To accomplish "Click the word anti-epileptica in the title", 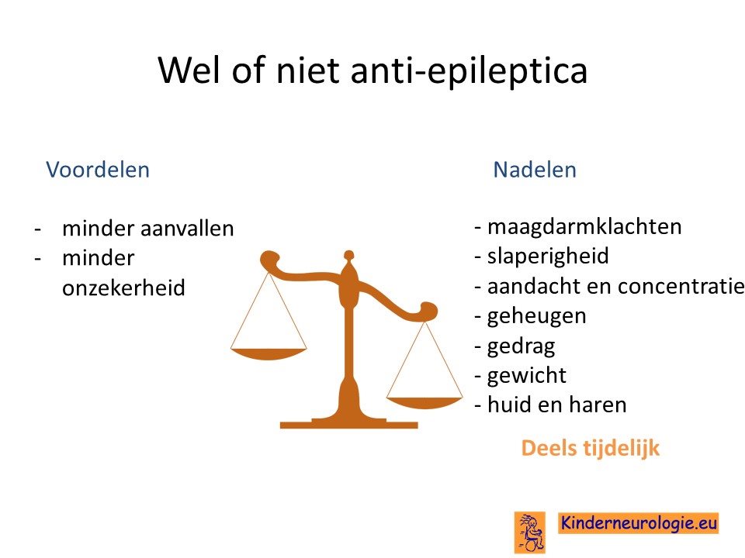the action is pyautogui.click(x=469, y=71).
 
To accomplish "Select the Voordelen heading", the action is pyautogui.click(x=98, y=170).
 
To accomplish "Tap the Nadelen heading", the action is pyautogui.click(x=535, y=170).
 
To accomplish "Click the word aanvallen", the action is pyautogui.click(x=188, y=228).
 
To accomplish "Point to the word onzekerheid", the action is pyautogui.click(x=123, y=288).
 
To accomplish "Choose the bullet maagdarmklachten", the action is pyautogui.click(x=578, y=227).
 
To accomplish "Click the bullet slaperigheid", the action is pyautogui.click(x=542, y=257).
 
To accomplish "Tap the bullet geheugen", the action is pyautogui.click(x=530, y=316).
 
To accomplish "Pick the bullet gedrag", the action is pyautogui.click(x=515, y=346).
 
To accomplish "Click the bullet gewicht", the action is pyautogui.click(x=521, y=376).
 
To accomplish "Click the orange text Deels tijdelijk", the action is pyautogui.click(x=591, y=449).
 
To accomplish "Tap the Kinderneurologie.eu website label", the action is pyautogui.click(x=639, y=523).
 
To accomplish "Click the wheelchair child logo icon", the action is pyautogui.click(x=530, y=532).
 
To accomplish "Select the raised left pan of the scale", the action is pyautogui.click(x=269, y=354).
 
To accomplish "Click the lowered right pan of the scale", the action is pyautogui.click(x=424, y=403).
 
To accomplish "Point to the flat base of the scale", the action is pyautogui.click(x=348, y=423).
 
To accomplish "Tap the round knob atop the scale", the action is pyautogui.click(x=348, y=255).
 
